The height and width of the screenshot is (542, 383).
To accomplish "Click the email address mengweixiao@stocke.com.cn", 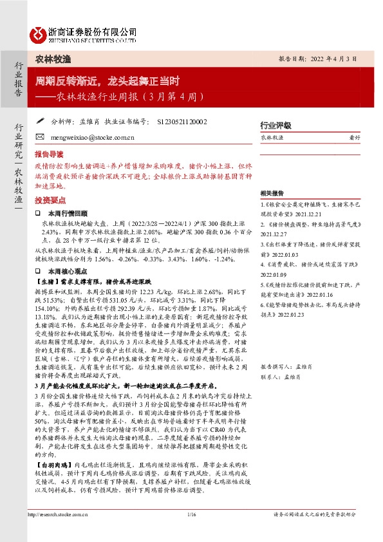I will tap(88, 138).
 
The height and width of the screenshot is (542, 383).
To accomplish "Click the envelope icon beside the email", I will tap(39, 138).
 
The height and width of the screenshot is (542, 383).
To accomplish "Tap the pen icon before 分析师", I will tap(39, 120).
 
